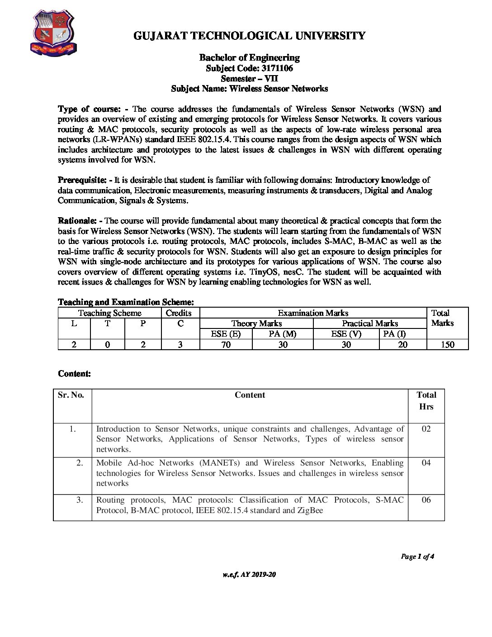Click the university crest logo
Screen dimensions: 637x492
coord(53,33)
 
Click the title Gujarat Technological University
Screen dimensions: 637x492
coord(249,36)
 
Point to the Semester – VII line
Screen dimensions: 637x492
coord(249,79)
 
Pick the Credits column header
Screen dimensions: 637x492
coord(179,313)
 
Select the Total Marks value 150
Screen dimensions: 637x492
coord(447,345)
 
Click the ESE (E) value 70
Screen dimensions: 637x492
coord(226,345)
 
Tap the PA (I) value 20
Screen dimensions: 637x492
coord(402,345)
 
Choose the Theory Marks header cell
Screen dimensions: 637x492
coord(256,323)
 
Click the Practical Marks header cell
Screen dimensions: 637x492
coord(370,323)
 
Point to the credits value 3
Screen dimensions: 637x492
coord(180,345)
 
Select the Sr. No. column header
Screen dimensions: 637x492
coord(71,395)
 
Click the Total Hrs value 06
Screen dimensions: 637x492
coord(426,500)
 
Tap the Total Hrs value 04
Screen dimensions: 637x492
coord(426,463)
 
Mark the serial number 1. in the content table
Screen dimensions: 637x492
coord(72,429)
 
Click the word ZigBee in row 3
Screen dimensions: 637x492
coord(310,510)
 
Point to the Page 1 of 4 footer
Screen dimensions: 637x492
coord(417,556)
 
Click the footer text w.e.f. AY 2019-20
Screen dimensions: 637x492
coord(249,575)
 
